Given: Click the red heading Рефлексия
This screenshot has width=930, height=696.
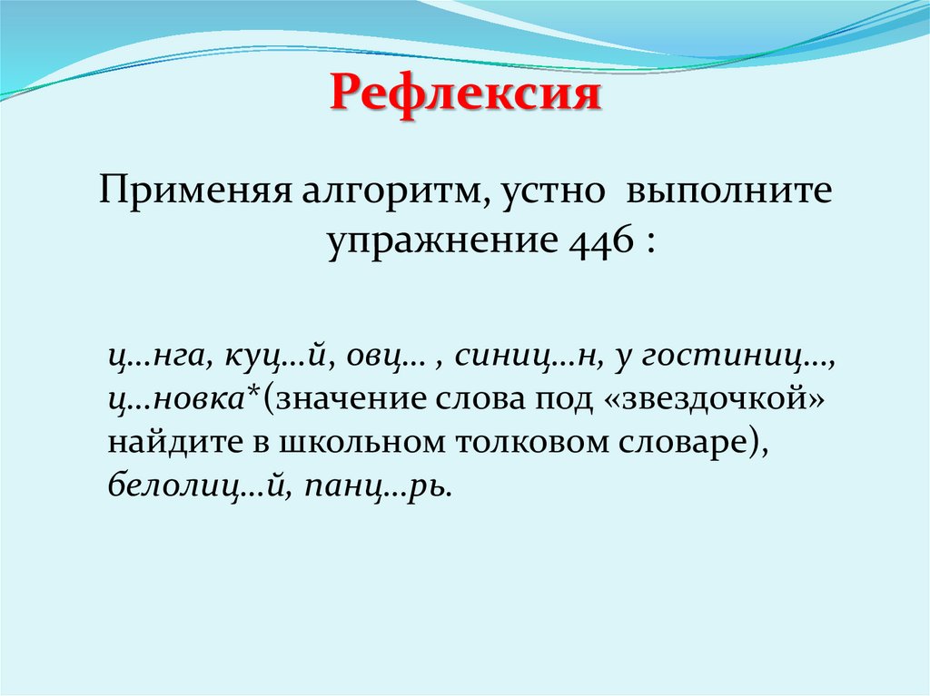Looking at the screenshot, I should tap(465, 94).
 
